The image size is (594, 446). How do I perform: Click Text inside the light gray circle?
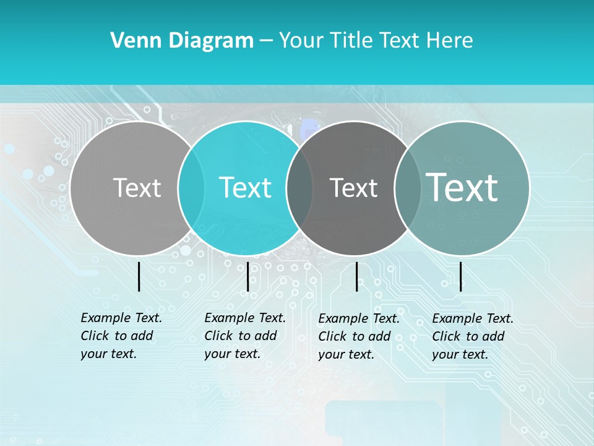[137, 188]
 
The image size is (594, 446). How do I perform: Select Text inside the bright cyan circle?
[246, 188]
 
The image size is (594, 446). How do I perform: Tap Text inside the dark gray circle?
[353, 188]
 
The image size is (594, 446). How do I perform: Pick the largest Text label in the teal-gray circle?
[462, 187]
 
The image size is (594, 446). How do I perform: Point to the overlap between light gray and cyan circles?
[191, 188]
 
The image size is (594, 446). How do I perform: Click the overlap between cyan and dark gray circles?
[299, 188]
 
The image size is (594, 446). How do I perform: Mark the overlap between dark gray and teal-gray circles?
[407, 188]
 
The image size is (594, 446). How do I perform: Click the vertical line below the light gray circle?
[139, 276]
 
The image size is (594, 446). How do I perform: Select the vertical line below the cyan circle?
[247, 276]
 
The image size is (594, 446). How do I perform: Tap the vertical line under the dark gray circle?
[356, 276]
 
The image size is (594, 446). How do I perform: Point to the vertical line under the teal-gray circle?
[461, 276]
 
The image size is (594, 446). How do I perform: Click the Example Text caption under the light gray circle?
[121, 336]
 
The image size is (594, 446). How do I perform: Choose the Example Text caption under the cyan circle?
[244, 336]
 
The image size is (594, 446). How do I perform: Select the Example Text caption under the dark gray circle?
[358, 336]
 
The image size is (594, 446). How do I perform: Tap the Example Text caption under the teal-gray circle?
[472, 336]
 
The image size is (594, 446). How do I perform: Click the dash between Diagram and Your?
[266, 41]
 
